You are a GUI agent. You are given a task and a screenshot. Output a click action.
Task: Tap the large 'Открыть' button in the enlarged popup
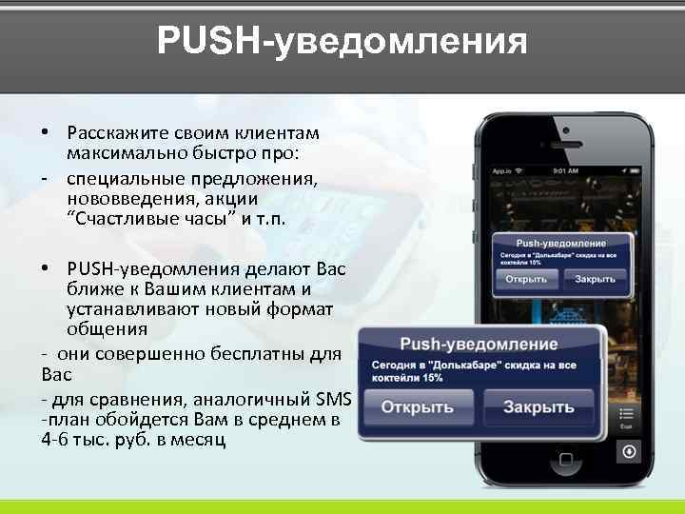[418, 407]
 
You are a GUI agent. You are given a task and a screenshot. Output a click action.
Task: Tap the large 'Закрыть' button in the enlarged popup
[538, 407]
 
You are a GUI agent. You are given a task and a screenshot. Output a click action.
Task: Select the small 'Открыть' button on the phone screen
[526, 279]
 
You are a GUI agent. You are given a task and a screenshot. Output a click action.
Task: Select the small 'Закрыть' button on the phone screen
[594, 279]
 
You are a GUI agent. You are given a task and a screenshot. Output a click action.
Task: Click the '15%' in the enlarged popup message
[430, 378]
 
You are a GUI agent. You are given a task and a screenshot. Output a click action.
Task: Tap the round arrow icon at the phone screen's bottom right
[627, 452]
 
